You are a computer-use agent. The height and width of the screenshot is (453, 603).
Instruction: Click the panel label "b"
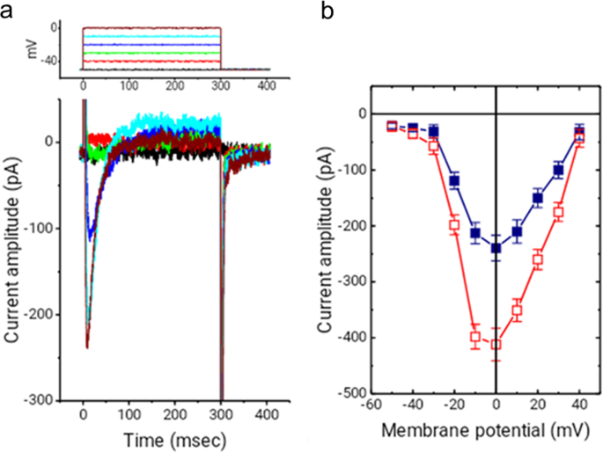(327, 10)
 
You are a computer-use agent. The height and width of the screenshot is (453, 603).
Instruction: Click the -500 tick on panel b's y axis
(353, 393)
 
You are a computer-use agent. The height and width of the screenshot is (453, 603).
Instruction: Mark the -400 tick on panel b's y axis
(353, 338)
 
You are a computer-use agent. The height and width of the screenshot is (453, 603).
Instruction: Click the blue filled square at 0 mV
(496, 248)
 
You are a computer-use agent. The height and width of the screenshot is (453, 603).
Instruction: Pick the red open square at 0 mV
(496, 345)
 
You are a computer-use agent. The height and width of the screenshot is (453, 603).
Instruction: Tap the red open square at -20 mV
(454, 225)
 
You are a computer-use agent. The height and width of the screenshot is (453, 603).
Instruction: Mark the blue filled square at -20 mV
(454, 181)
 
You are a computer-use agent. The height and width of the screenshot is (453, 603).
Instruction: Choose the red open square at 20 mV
(538, 259)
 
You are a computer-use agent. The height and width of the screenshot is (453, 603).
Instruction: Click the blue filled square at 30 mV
(558, 171)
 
